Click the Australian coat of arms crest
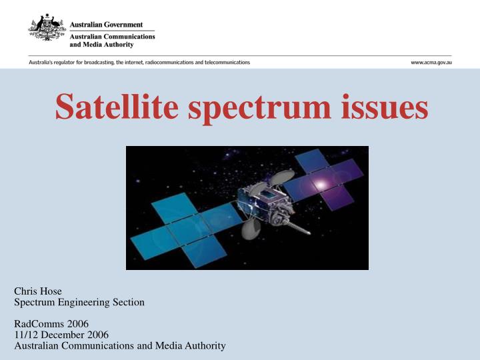[46, 29]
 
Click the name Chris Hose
[38, 291]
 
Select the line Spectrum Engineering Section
[79, 302]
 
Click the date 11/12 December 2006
[61, 335]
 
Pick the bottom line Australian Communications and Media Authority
[120, 345]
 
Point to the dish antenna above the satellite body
[283, 177]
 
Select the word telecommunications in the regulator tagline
[229, 62]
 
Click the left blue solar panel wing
[180, 227]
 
